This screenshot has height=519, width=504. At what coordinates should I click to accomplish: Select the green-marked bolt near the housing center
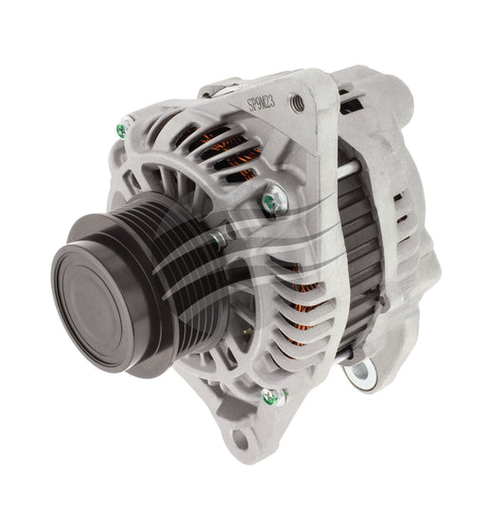click(273, 200)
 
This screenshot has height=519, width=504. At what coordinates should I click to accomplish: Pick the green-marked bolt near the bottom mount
click(273, 397)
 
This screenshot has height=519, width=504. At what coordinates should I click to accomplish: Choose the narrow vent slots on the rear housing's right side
click(416, 227)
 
